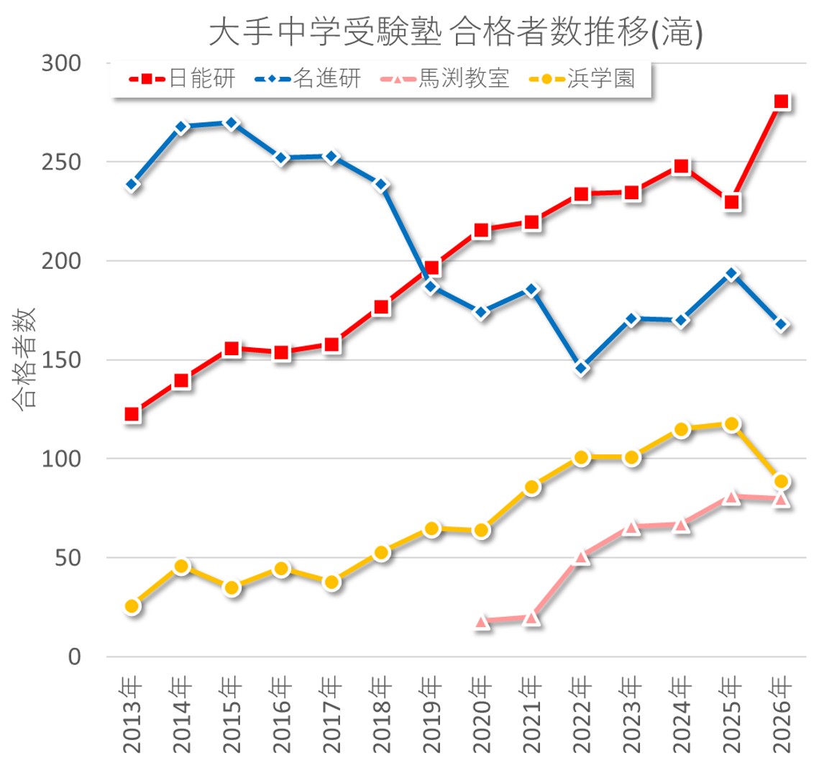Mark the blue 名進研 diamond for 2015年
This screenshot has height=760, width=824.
coord(232,123)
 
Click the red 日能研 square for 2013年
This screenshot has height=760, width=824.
coord(132,414)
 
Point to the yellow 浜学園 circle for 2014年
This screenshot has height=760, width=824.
coord(182,567)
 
